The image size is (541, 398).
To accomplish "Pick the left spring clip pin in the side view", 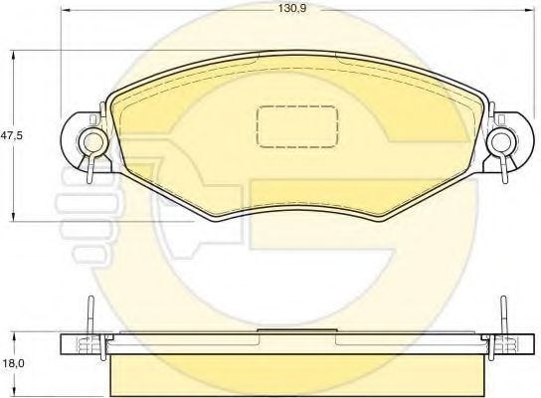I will click(90, 318).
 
